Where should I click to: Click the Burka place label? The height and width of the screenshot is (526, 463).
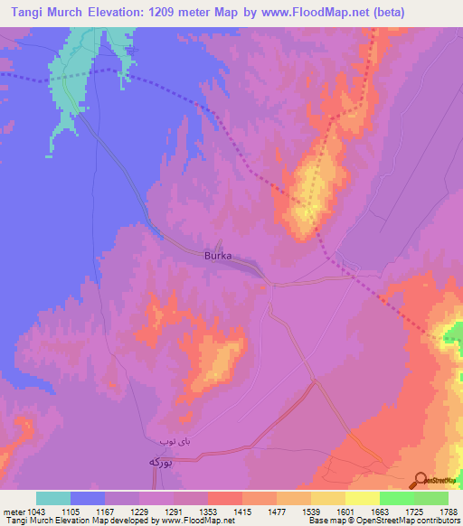coord(217,256)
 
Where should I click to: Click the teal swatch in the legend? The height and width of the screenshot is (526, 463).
coord(53,498)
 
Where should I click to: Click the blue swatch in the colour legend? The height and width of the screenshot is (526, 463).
coord(88,498)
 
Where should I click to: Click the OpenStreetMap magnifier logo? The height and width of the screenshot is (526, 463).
coord(422,481)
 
